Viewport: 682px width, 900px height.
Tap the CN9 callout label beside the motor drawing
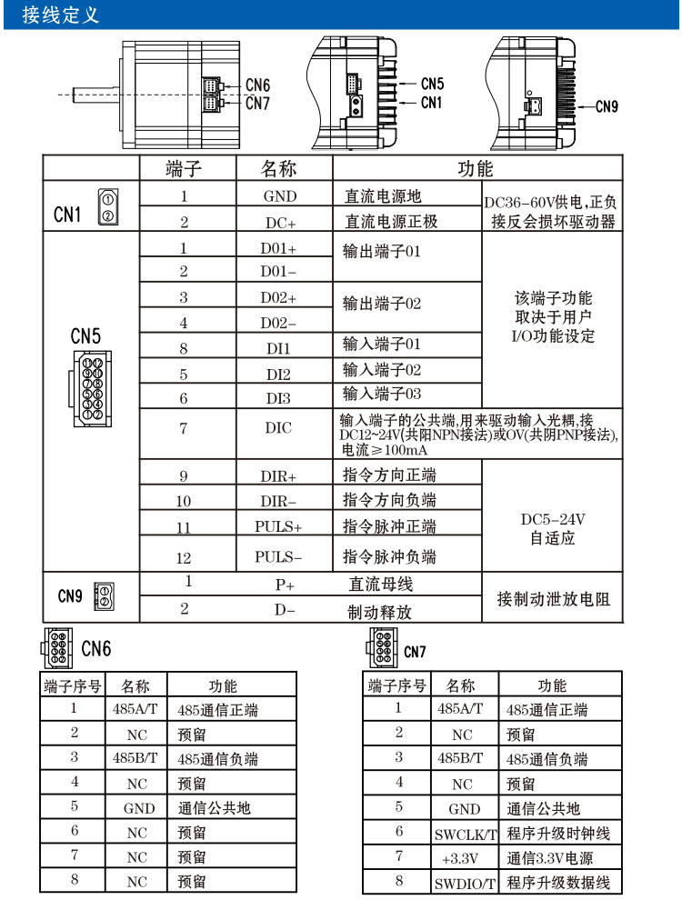point(606,106)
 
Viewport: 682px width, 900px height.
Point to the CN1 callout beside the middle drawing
point(431,102)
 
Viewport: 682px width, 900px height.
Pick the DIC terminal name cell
point(278,429)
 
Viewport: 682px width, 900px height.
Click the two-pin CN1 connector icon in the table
point(106,207)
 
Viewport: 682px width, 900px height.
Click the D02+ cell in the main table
point(278,298)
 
